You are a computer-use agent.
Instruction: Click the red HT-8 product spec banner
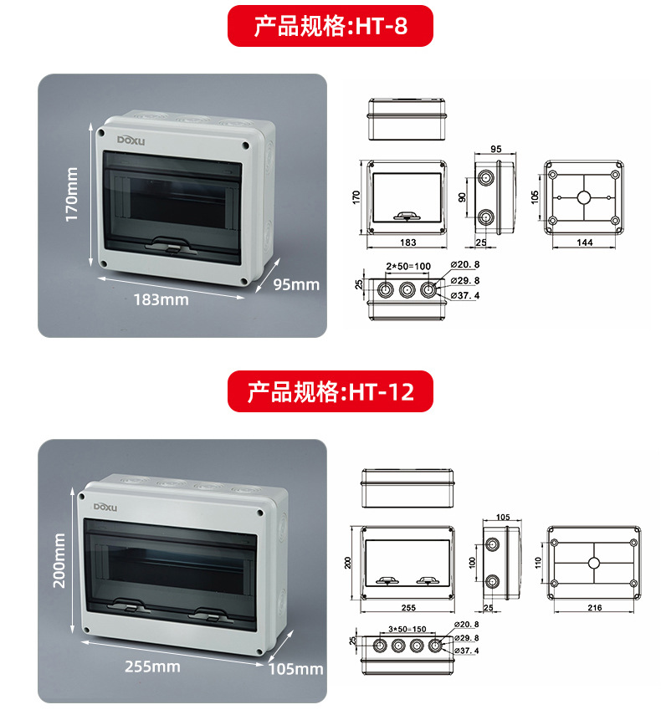[330, 25]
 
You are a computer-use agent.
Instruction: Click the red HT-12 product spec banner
[330, 391]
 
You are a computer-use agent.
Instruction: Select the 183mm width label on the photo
[161, 299]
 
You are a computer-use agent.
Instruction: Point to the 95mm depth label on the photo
[297, 284]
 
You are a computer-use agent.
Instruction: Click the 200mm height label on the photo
[59, 560]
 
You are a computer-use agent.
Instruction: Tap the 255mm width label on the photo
[152, 666]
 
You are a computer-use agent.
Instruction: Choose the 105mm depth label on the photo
[295, 669]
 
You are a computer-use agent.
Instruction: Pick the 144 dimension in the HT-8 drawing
[584, 242]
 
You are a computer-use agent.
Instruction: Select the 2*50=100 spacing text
[407, 266]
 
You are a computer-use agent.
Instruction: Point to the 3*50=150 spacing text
[407, 629]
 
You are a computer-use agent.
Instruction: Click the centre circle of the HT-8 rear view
[584, 197]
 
